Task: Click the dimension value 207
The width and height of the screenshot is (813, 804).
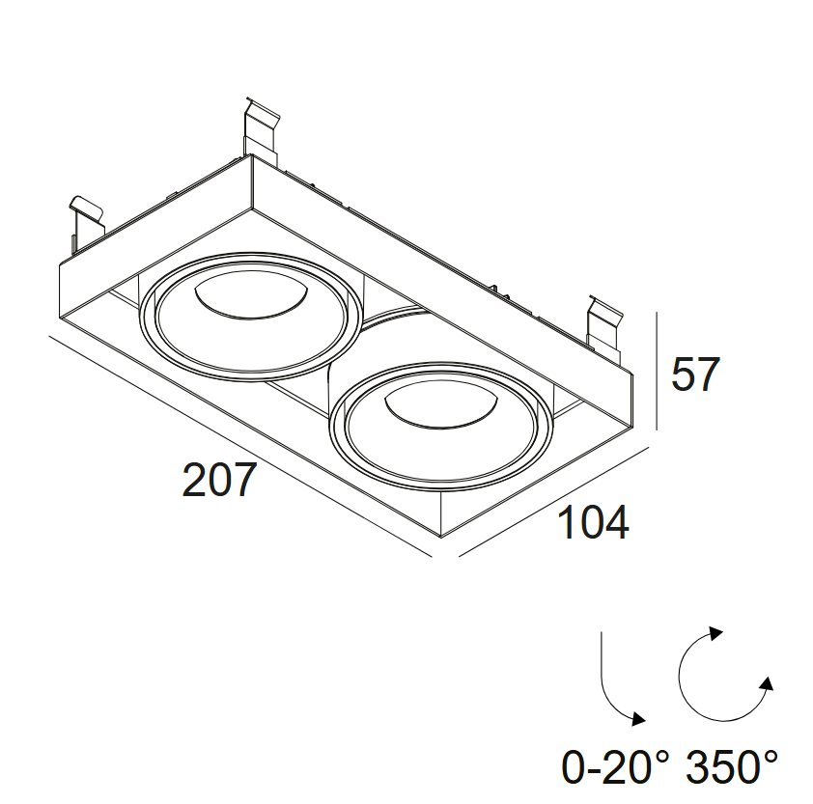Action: coord(220,481)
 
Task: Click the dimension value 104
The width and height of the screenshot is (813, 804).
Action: coord(594,523)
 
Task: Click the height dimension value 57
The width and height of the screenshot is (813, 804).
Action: coord(696,374)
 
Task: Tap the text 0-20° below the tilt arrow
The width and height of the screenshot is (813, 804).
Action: coord(615,768)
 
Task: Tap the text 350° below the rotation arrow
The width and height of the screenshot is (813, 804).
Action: coord(732,768)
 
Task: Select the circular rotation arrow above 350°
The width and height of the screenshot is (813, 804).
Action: coord(719,676)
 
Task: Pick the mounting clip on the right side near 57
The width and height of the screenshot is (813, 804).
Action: coord(606,324)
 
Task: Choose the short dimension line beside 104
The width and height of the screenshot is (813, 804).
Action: coord(555,503)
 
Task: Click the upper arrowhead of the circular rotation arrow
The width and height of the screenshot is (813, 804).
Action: coord(715,634)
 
